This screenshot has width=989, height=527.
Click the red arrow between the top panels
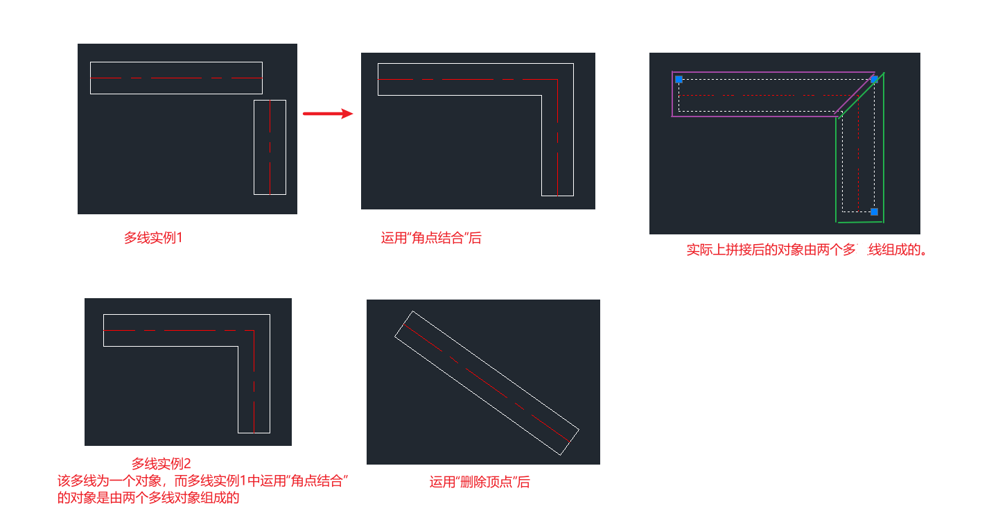[328, 114]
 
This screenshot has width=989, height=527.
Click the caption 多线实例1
[153, 238]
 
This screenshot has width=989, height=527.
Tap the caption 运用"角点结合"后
[431, 238]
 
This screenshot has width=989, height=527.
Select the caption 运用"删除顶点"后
[480, 482]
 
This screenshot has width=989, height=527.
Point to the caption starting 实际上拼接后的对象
[807, 250]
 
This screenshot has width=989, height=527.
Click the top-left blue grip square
[679, 80]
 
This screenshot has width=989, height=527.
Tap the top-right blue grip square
[874, 80]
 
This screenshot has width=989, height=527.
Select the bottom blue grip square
[874, 211]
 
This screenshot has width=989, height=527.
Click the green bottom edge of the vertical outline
[859, 222]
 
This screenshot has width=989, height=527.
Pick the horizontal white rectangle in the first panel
[176, 62]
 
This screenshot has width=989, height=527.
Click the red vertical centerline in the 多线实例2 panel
[254, 388]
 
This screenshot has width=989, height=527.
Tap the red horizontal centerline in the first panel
[176, 78]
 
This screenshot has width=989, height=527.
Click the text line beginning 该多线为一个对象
[202, 481]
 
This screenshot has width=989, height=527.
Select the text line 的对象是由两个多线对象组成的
[148, 497]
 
